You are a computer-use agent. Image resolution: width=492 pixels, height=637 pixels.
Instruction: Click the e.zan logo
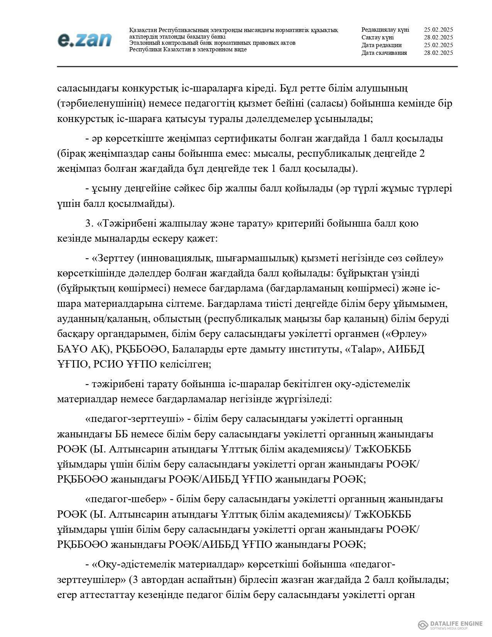click(x=85, y=40)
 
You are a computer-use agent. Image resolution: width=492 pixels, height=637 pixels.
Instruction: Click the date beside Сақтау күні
click(x=438, y=37)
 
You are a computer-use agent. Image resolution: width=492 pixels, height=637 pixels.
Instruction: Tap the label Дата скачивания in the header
click(x=384, y=53)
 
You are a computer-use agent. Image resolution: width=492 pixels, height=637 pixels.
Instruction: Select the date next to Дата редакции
click(x=438, y=45)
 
